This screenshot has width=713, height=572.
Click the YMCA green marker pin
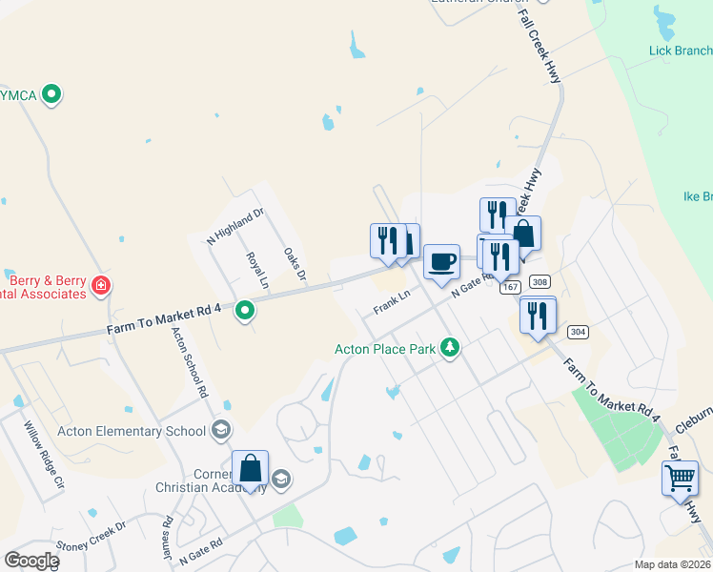pyautogui.click(x=53, y=93)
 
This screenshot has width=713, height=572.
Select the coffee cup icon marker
pyautogui.click(x=440, y=261)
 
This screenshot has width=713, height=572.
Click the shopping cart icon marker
pyautogui.click(x=680, y=478)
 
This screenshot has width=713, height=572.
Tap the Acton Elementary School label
pyautogui.click(x=132, y=431)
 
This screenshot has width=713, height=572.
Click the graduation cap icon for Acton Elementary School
pyautogui.click(x=221, y=430)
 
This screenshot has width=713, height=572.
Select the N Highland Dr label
pyautogui.click(x=234, y=228)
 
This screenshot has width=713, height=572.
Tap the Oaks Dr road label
pyautogui.click(x=295, y=264)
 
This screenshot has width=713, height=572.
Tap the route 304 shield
pyautogui.click(x=576, y=331)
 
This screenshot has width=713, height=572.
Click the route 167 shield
pyautogui.click(x=510, y=287)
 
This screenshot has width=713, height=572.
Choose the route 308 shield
pyautogui.click(x=540, y=281)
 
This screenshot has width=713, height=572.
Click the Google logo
pyautogui.click(x=31, y=560)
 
